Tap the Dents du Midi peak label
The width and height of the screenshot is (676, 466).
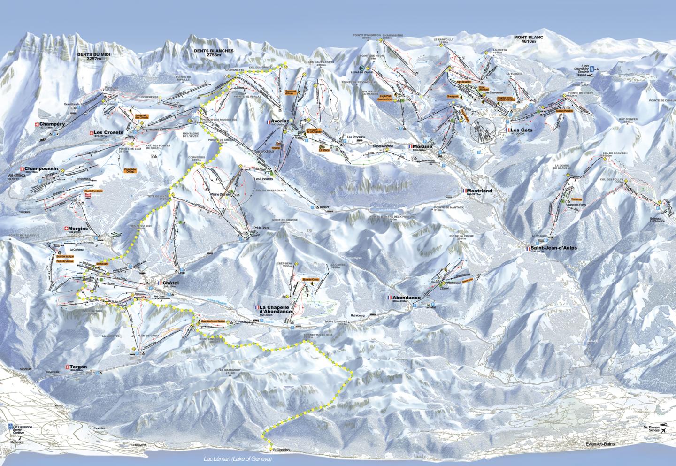[92, 57]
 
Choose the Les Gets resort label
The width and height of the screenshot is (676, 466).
[522, 130]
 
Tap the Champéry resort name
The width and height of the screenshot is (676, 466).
[52, 124]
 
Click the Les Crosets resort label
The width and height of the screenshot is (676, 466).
[108, 132]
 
